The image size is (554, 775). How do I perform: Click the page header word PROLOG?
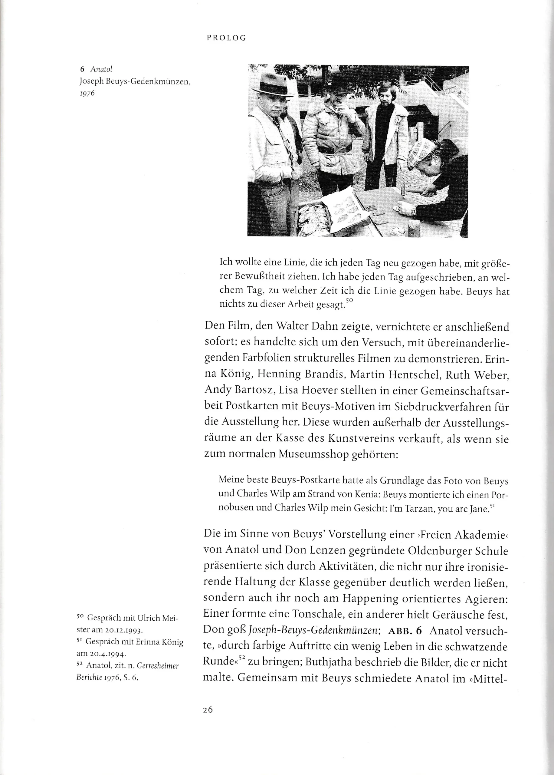pos(226,38)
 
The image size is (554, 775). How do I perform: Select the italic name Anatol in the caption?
pos(101,69)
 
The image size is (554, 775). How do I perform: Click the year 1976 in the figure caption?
pos(87,93)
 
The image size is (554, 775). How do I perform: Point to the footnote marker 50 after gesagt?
pos(349,301)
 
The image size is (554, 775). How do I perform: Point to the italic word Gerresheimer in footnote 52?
pos(158,666)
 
